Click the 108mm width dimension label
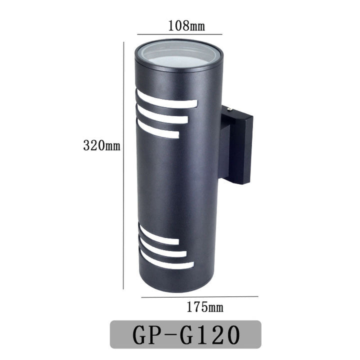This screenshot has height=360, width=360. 186,25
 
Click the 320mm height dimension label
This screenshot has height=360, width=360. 101,145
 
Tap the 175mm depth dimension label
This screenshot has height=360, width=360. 205,307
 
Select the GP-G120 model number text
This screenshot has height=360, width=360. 186,334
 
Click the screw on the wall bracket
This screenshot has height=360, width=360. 230,109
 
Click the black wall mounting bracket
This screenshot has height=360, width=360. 236,144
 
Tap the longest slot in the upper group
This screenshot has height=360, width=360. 166,100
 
